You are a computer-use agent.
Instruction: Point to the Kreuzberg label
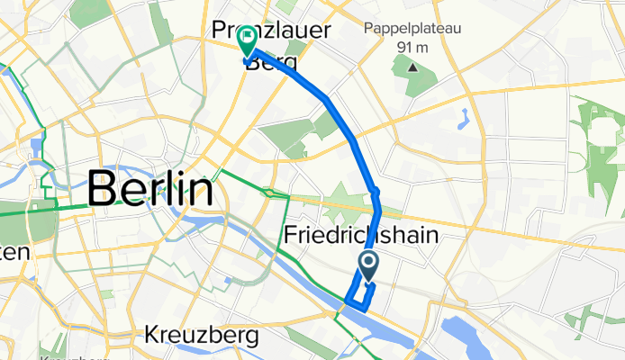202,336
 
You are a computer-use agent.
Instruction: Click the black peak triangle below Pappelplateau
412,67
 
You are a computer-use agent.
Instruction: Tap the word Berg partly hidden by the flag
270,61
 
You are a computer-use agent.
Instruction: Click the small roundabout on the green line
268,192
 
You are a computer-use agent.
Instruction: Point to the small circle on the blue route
376,192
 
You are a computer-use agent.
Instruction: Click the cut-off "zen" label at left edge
15,254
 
